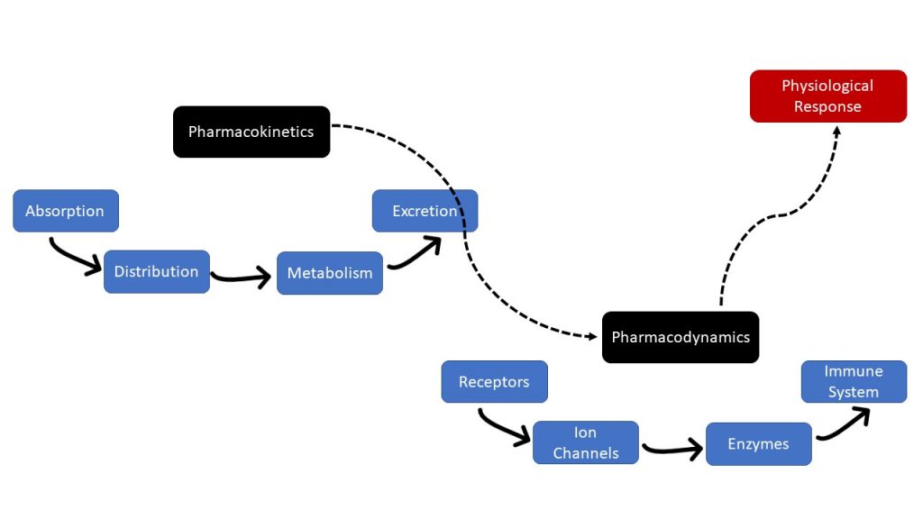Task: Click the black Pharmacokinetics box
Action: [251, 132]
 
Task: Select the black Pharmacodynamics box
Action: [681, 337]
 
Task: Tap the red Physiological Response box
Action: [827, 96]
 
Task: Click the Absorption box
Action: [66, 211]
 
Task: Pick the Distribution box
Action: [157, 271]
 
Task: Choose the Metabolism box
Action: [330, 273]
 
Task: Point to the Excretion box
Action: [425, 211]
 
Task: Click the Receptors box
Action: [494, 381]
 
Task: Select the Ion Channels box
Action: [586, 442]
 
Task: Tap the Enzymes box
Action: [758, 443]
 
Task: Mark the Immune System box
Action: [854, 381]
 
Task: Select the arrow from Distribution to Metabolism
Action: [242, 278]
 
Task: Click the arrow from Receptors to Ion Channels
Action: [504, 428]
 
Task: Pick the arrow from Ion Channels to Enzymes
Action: [672, 448]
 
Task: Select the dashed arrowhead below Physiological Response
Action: [836, 132]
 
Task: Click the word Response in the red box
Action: [827, 106]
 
